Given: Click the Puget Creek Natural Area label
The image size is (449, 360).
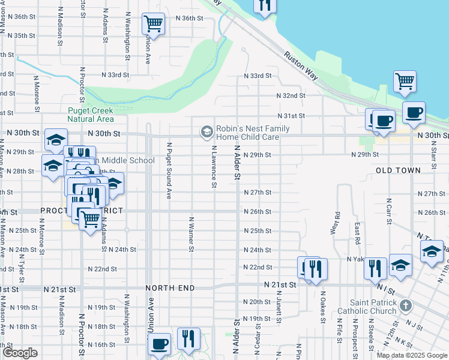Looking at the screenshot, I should (91, 115).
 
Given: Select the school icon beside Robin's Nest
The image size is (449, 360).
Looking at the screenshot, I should (206, 131).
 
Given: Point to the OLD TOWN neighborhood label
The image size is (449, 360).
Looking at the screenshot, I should (398, 171).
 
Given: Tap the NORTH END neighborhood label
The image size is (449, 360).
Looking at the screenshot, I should (171, 288).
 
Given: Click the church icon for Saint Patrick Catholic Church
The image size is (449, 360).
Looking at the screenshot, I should (406, 306).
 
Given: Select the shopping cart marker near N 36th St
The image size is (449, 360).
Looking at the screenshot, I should (153, 24).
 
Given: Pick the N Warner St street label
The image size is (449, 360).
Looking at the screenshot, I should (191, 234).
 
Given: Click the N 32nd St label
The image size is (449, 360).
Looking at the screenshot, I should (291, 95).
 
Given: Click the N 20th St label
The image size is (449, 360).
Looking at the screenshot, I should (257, 302).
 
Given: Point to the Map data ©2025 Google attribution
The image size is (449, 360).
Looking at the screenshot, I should (411, 355).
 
